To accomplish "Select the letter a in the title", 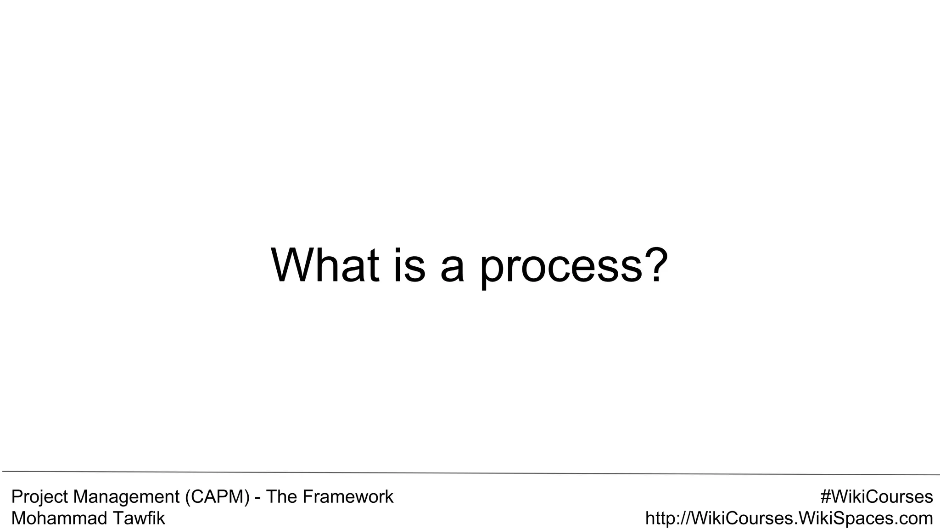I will [452, 269].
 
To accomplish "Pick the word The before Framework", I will [282, 497].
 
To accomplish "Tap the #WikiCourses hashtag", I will [877, 497].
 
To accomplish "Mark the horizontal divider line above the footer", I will [470, 473].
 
